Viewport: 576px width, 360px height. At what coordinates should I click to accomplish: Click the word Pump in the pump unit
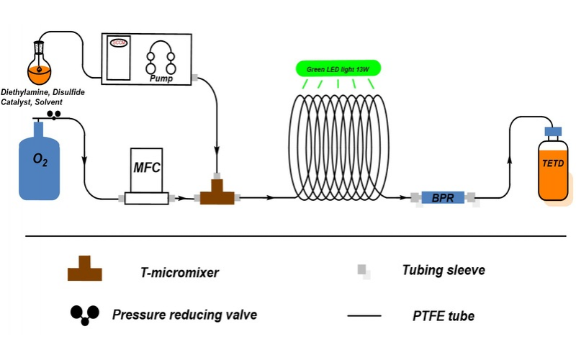[x=163, y=76]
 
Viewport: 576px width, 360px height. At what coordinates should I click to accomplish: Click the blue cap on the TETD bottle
[x=554, y=132]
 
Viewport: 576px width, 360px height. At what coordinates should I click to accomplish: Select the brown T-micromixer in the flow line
[x=217, y=192]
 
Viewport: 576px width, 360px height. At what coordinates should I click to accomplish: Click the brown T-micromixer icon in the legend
[x=84, y=269]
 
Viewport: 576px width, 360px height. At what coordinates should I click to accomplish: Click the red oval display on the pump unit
[x=118, y=43]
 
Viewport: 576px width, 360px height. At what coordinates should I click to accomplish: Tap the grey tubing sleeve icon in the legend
[x=364, y=271]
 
